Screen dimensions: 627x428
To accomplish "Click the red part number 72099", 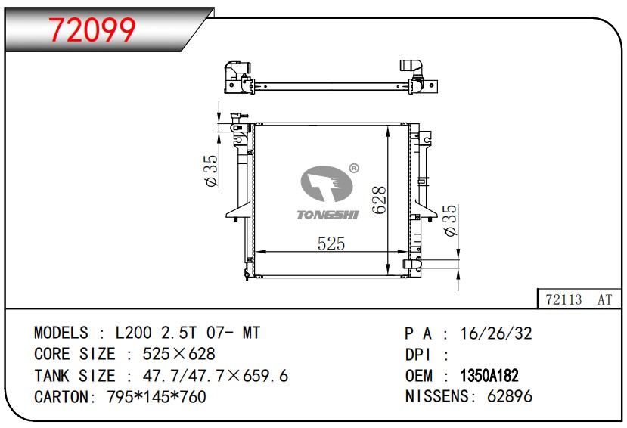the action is (x=92, y=30).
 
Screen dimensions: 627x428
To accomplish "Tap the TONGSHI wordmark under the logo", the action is (x=327, y=215).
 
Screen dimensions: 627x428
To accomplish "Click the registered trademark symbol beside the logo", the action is (x=354, y=169).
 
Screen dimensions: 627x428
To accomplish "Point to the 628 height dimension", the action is (x=380, y=200).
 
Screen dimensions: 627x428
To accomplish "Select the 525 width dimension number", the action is (x=331, y=243).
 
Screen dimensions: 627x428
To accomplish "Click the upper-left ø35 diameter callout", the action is (x=211, y=171).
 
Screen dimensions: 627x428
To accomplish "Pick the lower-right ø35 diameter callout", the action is (x=450, y=220).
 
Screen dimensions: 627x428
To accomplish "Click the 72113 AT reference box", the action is (x=579, y=299).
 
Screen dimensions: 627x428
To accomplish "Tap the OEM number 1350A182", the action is (x=489, y=376).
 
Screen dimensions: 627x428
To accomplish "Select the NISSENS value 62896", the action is (x=510, y=396).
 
